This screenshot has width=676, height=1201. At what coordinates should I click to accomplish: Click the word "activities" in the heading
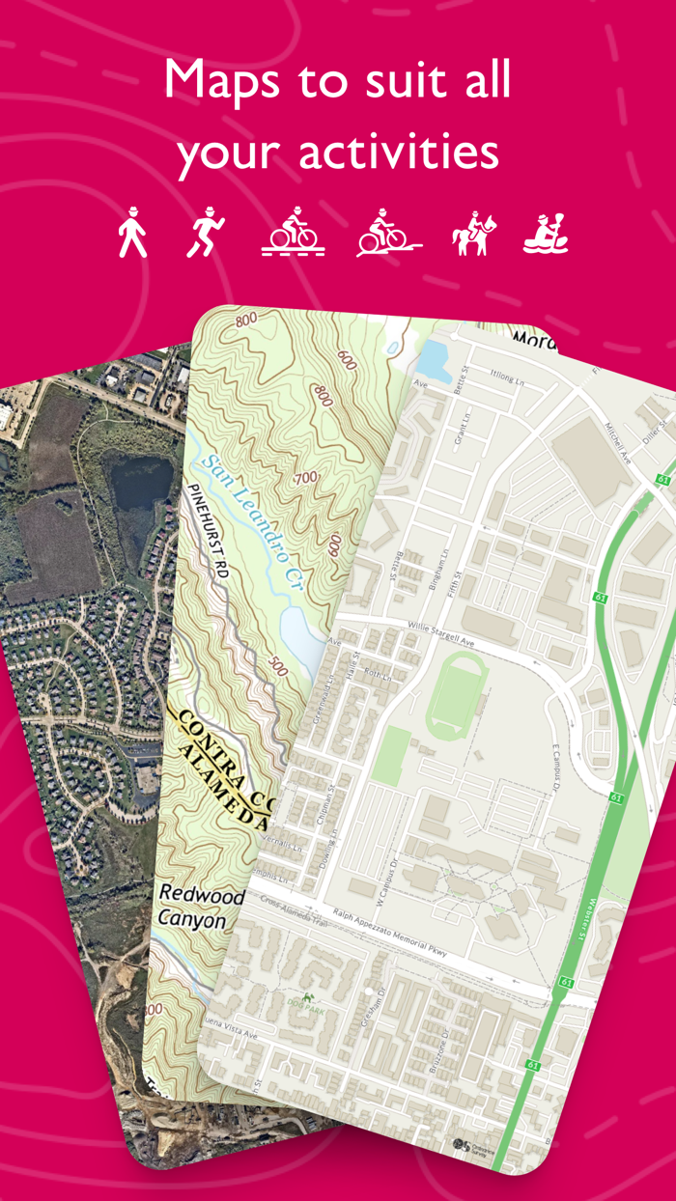pyautogui.click(x=398, y=153)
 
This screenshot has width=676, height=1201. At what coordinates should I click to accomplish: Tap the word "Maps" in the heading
pyautogui.click(x=225, y=79)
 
